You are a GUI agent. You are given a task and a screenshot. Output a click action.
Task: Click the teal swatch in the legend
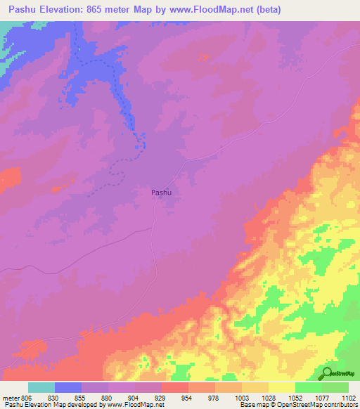point(41,387)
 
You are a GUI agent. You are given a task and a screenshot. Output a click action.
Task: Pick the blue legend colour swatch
point(68,387)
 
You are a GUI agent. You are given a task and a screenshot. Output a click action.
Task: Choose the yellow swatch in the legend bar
point(281,387)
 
